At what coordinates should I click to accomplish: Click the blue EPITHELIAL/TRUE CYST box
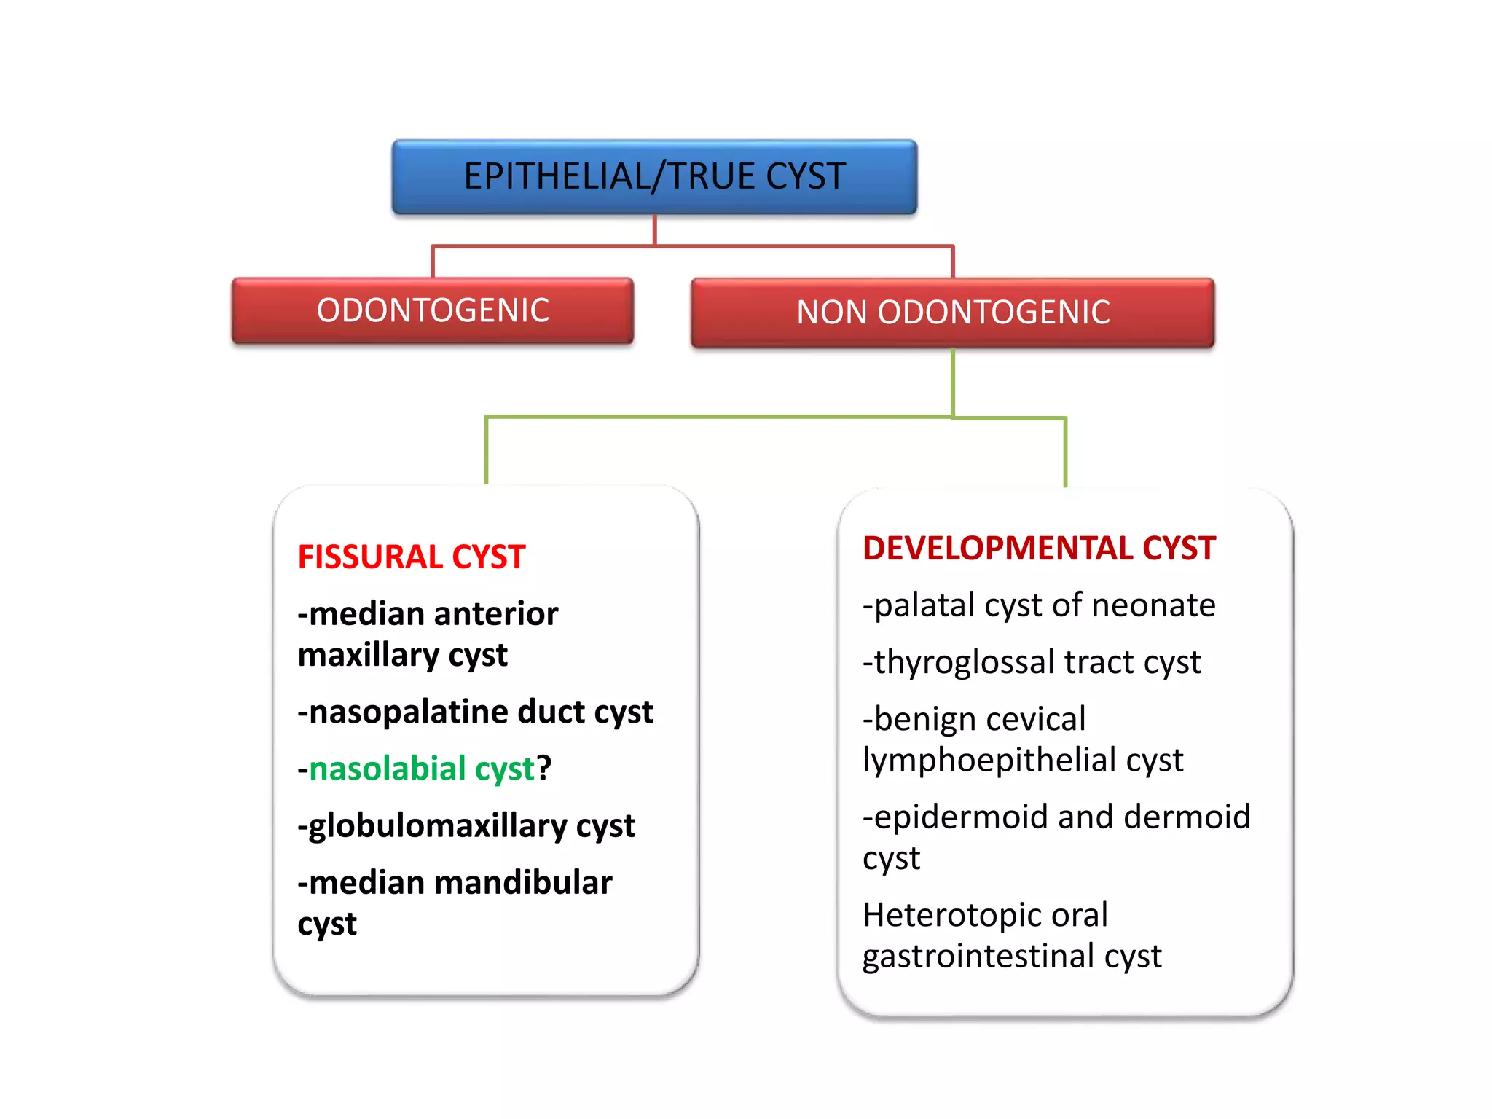tap(654, 177)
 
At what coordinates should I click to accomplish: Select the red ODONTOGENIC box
tap(433, 310)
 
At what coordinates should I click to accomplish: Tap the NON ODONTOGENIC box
tap(953, 313)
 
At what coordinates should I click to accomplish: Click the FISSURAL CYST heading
tap(412, 557)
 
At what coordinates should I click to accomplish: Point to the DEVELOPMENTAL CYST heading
tap(1039, 549)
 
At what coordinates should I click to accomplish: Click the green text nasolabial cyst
tap(422, 769)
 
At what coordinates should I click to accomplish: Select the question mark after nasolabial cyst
tap(544, 769)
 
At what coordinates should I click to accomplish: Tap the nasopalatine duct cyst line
tap(476, 712)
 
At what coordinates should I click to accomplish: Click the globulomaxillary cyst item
tap(467, 826)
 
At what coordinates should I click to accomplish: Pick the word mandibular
tap(523, 883)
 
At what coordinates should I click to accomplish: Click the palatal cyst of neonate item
tap(1039, 605)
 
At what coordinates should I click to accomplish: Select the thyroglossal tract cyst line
tap(1032, 662)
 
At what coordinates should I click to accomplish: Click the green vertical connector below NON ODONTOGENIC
tap(953, 382)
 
